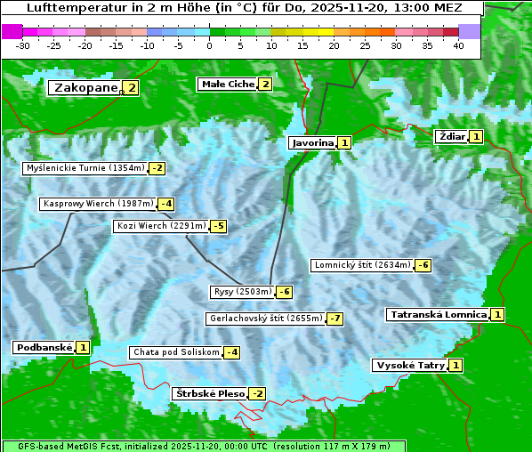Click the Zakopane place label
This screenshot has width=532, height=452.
point(85,87)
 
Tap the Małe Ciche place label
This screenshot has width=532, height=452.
point(227,85)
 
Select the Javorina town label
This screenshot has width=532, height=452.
point(312,142)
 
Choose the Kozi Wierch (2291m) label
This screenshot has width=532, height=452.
point(161,226)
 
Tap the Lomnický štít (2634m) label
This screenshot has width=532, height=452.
point(362,265)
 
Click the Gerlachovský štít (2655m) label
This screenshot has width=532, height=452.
point(265,319)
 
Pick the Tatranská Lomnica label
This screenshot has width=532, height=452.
point(438,314)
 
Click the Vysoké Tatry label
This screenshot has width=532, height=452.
point(409,366)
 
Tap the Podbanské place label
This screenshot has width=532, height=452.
point(43,347)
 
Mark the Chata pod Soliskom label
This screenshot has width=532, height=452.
point(175,352)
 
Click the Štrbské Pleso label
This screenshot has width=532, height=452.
point(209,393)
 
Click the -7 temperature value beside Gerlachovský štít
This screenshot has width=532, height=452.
point(335,319)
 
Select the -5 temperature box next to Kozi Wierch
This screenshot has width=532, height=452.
point(217,226)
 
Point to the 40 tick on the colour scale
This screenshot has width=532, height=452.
point(458,45)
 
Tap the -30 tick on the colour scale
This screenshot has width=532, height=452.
point(23,45)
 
